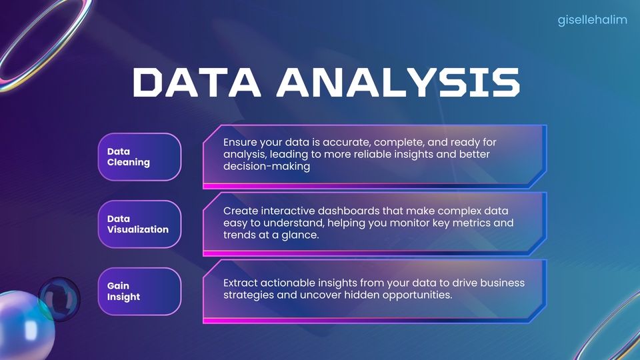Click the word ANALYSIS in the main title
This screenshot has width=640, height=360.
click(x=399, y=82)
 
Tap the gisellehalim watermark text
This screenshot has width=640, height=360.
click(x=592, y=20)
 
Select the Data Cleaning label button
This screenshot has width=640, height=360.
click(x=140, y=157)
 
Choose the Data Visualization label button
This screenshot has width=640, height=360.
click(x=140, y=224)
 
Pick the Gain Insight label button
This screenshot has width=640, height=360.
click(x=140, y=291)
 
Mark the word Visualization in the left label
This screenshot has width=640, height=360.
click(x=138, y=229)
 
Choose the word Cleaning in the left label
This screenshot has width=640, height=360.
click(x=129, y=162)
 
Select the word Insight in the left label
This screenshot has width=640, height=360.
click(x=124, y=297)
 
